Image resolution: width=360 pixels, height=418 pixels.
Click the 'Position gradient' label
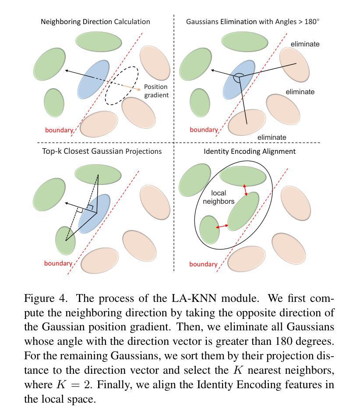pyautogui.click(x=156, y=91)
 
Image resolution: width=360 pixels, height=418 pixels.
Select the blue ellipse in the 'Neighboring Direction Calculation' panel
pyautogui.click(x=93, y=79)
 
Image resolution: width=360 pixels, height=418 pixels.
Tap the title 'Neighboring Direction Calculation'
pyautogui.click(x=95, y=21)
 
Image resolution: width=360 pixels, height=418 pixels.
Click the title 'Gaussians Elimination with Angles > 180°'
pyautogui.click(x=253, y=21)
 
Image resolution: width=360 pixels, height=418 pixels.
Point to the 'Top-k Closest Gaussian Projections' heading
pyautogui.click(x=102, y=151)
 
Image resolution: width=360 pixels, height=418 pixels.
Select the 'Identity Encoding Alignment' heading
pyautogui.click(x=249, y=152)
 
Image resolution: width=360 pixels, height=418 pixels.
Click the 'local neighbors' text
pyautogui.click(x=219, y=197)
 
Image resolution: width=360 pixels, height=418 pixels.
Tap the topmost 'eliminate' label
pyautogui.click(x=305, y=44)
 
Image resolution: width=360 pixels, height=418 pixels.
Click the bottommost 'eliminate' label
pyautogui.click(x=272, y=137)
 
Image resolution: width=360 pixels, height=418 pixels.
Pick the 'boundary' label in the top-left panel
pyautogui.click(x=59, y=130)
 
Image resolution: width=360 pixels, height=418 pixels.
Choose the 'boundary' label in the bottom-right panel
pyautogui.click(x=203, y=264)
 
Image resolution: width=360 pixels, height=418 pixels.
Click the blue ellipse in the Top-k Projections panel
pyautogui.click(x=94, y=214)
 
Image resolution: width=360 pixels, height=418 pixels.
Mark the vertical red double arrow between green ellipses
pyautogui.click(x=245, y=190)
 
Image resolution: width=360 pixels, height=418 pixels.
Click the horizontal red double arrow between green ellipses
pyautogui.click(x=222, y=227)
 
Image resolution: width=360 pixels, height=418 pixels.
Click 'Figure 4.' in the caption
pyautogui.click(x=45, y=298)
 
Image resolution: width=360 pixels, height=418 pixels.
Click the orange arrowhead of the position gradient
pyautogui.click(x=139, y=89)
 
